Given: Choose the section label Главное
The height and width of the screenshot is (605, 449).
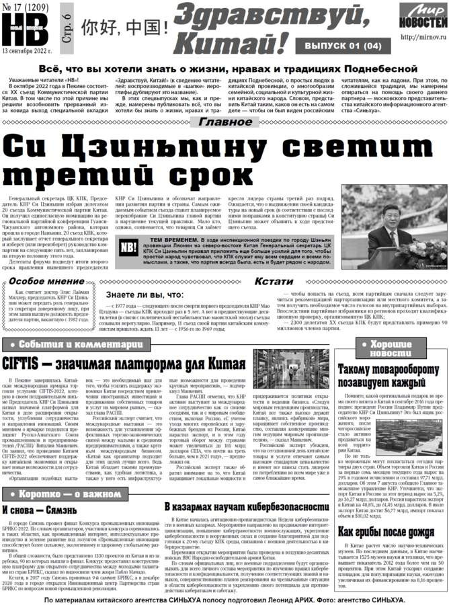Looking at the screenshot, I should click(x=224, y=122).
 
